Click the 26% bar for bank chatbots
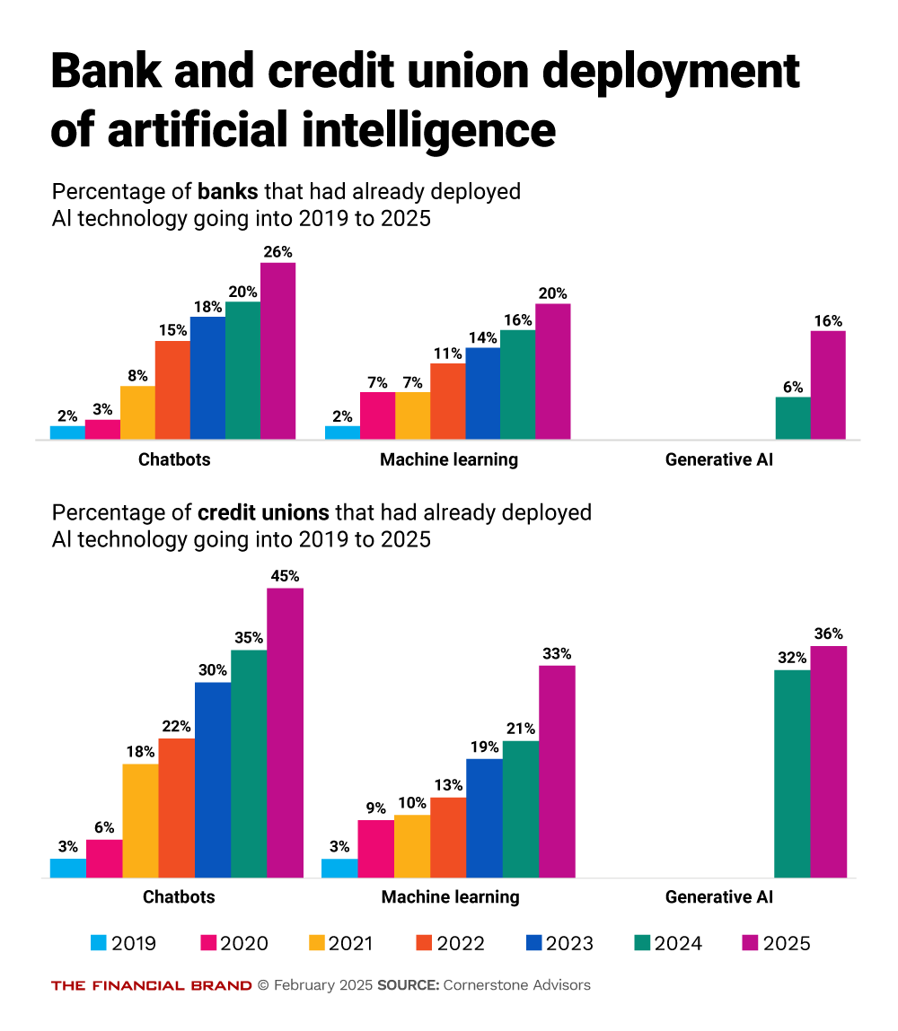277,351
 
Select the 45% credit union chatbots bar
285,732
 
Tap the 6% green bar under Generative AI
793,418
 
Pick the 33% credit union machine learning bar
557,771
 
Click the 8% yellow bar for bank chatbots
137,413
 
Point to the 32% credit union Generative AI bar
792,773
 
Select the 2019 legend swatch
99,943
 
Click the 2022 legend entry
450,943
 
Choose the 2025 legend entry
776,943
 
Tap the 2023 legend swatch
532,943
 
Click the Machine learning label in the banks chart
449,460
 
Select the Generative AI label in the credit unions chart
719,896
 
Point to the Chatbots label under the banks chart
174,460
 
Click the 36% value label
829,633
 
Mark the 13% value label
448,784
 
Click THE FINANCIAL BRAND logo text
151,985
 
